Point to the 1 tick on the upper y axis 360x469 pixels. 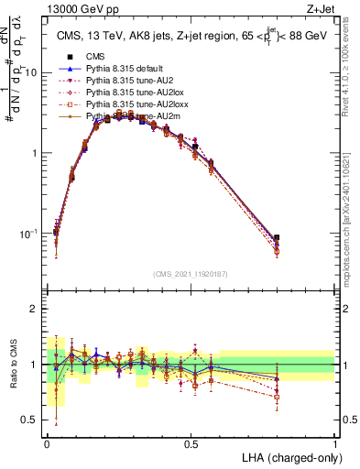pyautogui.click(x=38, y=153)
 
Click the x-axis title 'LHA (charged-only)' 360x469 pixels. pyautogui.click(x=288, y=457)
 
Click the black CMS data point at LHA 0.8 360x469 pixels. pyautogui.click(x=277, y=237)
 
